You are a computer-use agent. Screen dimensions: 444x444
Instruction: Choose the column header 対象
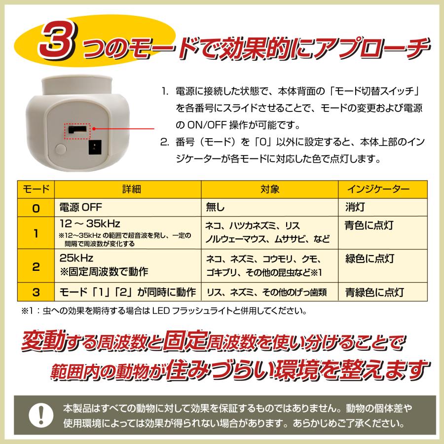(269, 189)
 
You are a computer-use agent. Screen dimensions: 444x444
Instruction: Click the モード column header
(36, 189)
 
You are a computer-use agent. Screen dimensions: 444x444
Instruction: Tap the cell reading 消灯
(354, 207)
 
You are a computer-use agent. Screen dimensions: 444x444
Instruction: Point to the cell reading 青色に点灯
(369, 225)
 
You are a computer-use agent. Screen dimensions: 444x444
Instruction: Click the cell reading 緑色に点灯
(369, 259)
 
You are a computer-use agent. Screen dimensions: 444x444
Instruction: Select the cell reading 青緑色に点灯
(372, 292)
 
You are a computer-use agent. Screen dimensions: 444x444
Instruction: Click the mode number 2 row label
(36, 267)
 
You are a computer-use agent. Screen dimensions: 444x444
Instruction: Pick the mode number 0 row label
(36, 208)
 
